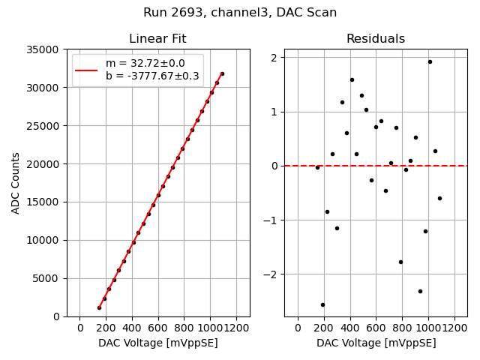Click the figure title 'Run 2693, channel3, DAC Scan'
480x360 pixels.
click(x=240, y=13)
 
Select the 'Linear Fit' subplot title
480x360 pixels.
click(x=157, y=39)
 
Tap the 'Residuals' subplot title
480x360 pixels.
click(x=376, y=39)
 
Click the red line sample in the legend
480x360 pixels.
click(x=86, y=70)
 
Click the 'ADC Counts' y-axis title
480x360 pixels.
click(x=16, y=183)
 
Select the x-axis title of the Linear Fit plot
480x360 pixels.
click(x=157, y=343)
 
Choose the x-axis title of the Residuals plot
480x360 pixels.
click(x=376, y=343)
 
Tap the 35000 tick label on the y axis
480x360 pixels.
click(x=45, y=49)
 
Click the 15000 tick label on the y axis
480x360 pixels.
click(x=45, y=202)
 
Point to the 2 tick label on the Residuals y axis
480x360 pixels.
click(x=274, y=58)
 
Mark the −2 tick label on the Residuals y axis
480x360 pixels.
click(x=271, y=274)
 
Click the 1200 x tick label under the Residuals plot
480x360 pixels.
click(x=454, y=328)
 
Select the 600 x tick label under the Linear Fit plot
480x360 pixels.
click(x=158, y=328)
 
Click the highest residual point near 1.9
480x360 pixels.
click(x=430, y=61)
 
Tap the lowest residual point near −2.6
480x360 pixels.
click(x=322, y=304)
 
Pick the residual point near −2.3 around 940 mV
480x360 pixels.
click(x=420, y=291)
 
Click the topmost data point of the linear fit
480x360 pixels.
click(x=222, y=73)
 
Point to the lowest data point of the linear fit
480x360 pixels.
click(x=99, y=307)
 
